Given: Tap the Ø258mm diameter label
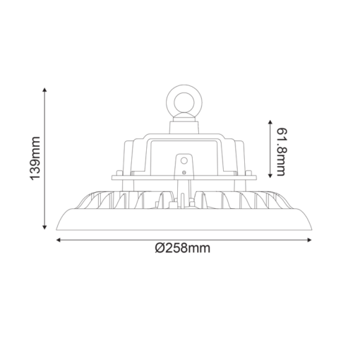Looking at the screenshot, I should click(x=181, y=248).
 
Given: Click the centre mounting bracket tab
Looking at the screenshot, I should click(x=182, y=166).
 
